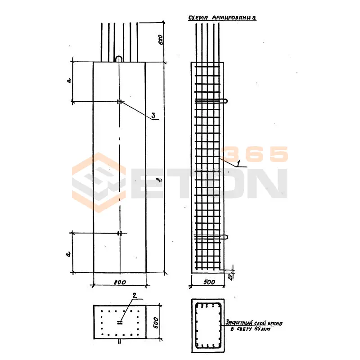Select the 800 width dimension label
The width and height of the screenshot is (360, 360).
(119, 282)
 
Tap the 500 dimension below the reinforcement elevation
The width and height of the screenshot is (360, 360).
(208, 282)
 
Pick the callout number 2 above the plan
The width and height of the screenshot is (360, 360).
(133, 296)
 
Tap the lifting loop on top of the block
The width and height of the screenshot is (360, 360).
(119, 59)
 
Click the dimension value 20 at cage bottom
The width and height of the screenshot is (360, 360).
(230, 276)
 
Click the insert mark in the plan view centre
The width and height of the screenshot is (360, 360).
(120, 322)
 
